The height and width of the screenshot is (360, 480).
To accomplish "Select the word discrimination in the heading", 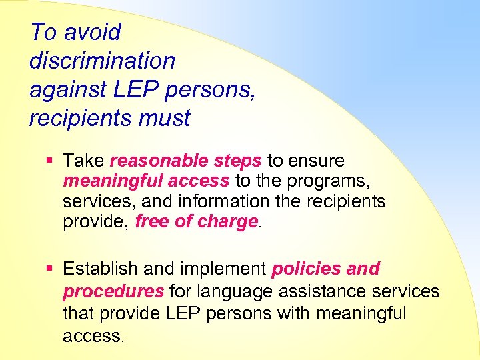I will point(102,61).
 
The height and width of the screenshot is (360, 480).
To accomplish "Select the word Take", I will point(83,161).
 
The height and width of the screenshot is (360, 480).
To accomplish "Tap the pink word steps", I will point(238,161).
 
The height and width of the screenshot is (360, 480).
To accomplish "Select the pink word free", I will point(153,221).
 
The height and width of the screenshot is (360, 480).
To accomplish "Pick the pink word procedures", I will point(113,291).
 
